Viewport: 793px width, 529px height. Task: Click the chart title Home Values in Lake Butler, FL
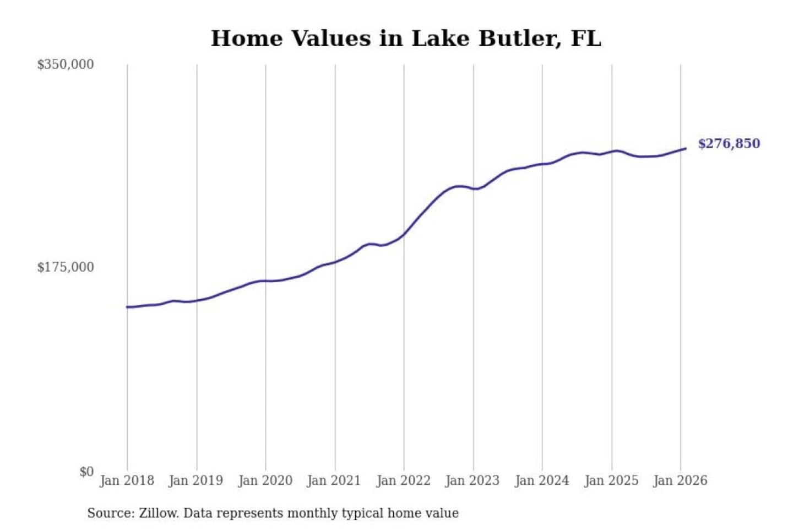pos(406,39)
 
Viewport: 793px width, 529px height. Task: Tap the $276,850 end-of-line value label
pos(729,144)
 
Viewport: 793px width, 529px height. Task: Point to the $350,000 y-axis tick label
pos(66,64)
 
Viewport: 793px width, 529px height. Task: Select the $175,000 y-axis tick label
pos(66,267)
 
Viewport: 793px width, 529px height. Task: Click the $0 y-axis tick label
pos(86,472)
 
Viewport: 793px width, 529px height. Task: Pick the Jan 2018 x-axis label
pos(127,481)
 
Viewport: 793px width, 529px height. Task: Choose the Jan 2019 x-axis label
pos(195,481)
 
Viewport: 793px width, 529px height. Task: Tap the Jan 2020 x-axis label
pos(265,481)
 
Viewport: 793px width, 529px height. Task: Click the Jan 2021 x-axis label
pos(334,481)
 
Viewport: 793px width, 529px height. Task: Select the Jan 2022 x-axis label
pos(403,481)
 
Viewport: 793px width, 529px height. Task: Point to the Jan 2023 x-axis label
pos(472,481)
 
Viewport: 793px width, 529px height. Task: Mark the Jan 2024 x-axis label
pos(541,481)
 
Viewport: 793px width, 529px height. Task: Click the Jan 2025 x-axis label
pos(611,481)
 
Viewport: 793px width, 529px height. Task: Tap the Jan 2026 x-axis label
pos(680,481)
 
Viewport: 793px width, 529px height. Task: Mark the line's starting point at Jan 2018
pos(127,307)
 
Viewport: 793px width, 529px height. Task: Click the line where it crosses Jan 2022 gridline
pos(404,234)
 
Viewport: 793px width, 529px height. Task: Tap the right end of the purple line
pos(685,148)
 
